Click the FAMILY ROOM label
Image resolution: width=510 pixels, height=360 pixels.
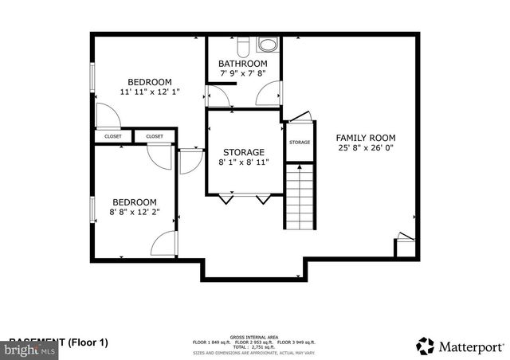[x=365, y=137]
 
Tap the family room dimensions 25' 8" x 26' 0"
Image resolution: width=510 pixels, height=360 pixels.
[x=365, y=148]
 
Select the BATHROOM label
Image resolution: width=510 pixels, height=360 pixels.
[x=243, y=64]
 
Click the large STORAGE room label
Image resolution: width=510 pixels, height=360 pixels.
[x=243, y=152]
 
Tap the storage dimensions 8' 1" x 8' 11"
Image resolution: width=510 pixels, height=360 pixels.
[x=243, y=162]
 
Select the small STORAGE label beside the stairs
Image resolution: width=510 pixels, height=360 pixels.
[x=300, y=143]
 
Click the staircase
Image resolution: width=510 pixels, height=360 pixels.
[x=301, y=194]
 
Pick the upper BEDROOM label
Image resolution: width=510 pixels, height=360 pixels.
[x=150, y=81]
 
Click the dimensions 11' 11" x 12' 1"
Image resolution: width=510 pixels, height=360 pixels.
[x=150, y=92]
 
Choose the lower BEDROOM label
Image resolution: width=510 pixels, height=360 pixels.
[x=134, y=202]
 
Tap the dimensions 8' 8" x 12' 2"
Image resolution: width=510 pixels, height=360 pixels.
[x=134, y=213]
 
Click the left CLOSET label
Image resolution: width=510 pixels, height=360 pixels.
[x=113, y=137]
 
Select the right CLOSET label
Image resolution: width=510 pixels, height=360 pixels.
[x=154, y=137]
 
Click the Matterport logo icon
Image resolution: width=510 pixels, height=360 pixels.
[x=426, y=346]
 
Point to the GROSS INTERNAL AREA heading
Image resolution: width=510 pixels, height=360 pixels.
[x=254, y=337]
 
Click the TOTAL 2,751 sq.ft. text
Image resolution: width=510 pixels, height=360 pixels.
[x=254, y=347]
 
